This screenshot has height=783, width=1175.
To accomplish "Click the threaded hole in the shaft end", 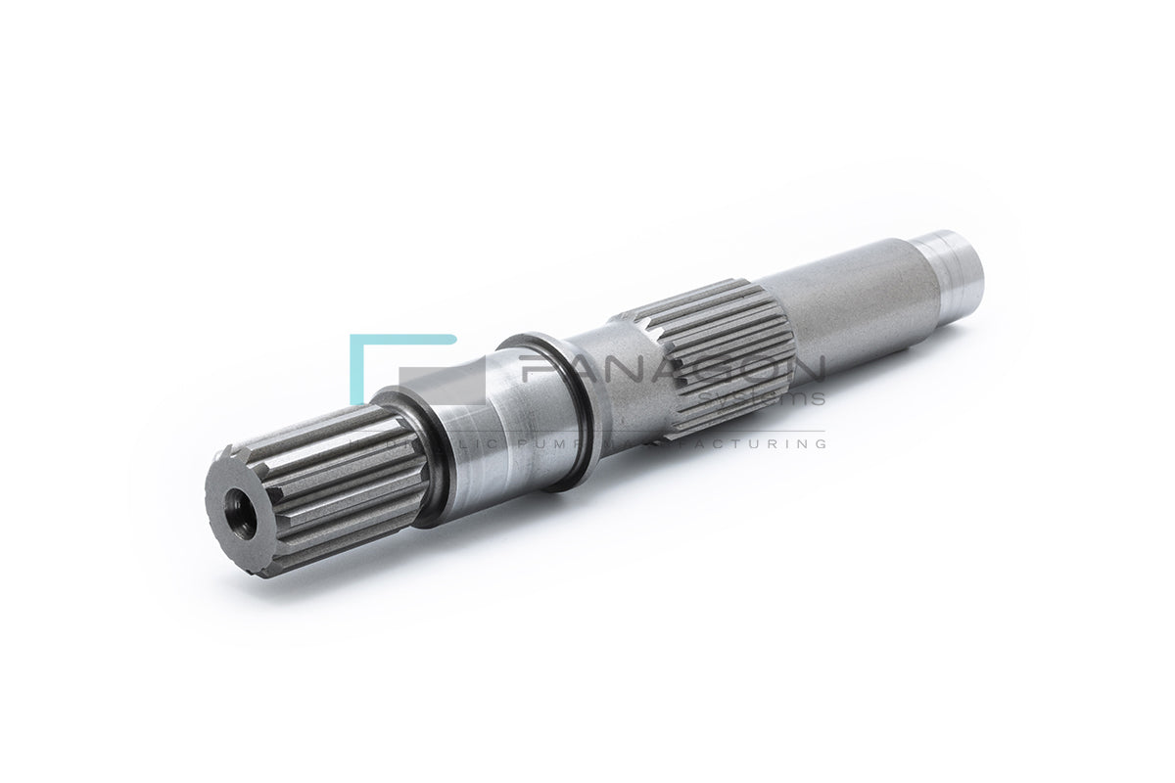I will pyautogui.click(x=240, y=513).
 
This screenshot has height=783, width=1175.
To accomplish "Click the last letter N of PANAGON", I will pyautogui.click(x=805, y=369).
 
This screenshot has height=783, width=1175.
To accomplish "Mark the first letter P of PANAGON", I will pyautogui.click(x=537, y=369).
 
